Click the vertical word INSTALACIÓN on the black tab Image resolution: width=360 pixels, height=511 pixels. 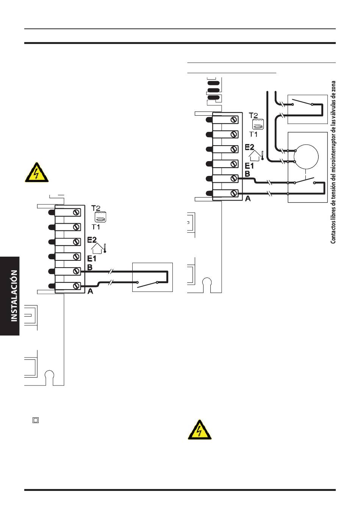pos(14,296)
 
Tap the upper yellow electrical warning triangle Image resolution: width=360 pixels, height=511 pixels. pos(36,173)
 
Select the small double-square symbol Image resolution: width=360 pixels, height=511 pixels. pos(36,420)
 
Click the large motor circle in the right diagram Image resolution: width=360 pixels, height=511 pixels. pos(306,157)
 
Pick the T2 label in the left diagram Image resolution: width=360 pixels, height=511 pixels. pos(96,208)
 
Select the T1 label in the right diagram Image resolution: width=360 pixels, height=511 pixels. pos(253,134)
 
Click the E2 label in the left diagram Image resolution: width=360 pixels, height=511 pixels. pos(92,240)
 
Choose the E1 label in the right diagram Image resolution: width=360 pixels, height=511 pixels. pos(249,166)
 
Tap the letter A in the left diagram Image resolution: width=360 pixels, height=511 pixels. pos(90,291)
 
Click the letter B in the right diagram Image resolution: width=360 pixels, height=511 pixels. pos(247,174)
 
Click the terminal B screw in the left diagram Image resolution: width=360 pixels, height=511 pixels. pos(77,271)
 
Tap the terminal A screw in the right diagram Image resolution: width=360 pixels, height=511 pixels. pos(234,193)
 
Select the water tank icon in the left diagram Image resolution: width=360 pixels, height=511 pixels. pos(100,217)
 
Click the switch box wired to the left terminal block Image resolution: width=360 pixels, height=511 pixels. pos(153,277)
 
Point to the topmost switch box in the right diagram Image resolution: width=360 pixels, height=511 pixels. pos(308,109)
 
